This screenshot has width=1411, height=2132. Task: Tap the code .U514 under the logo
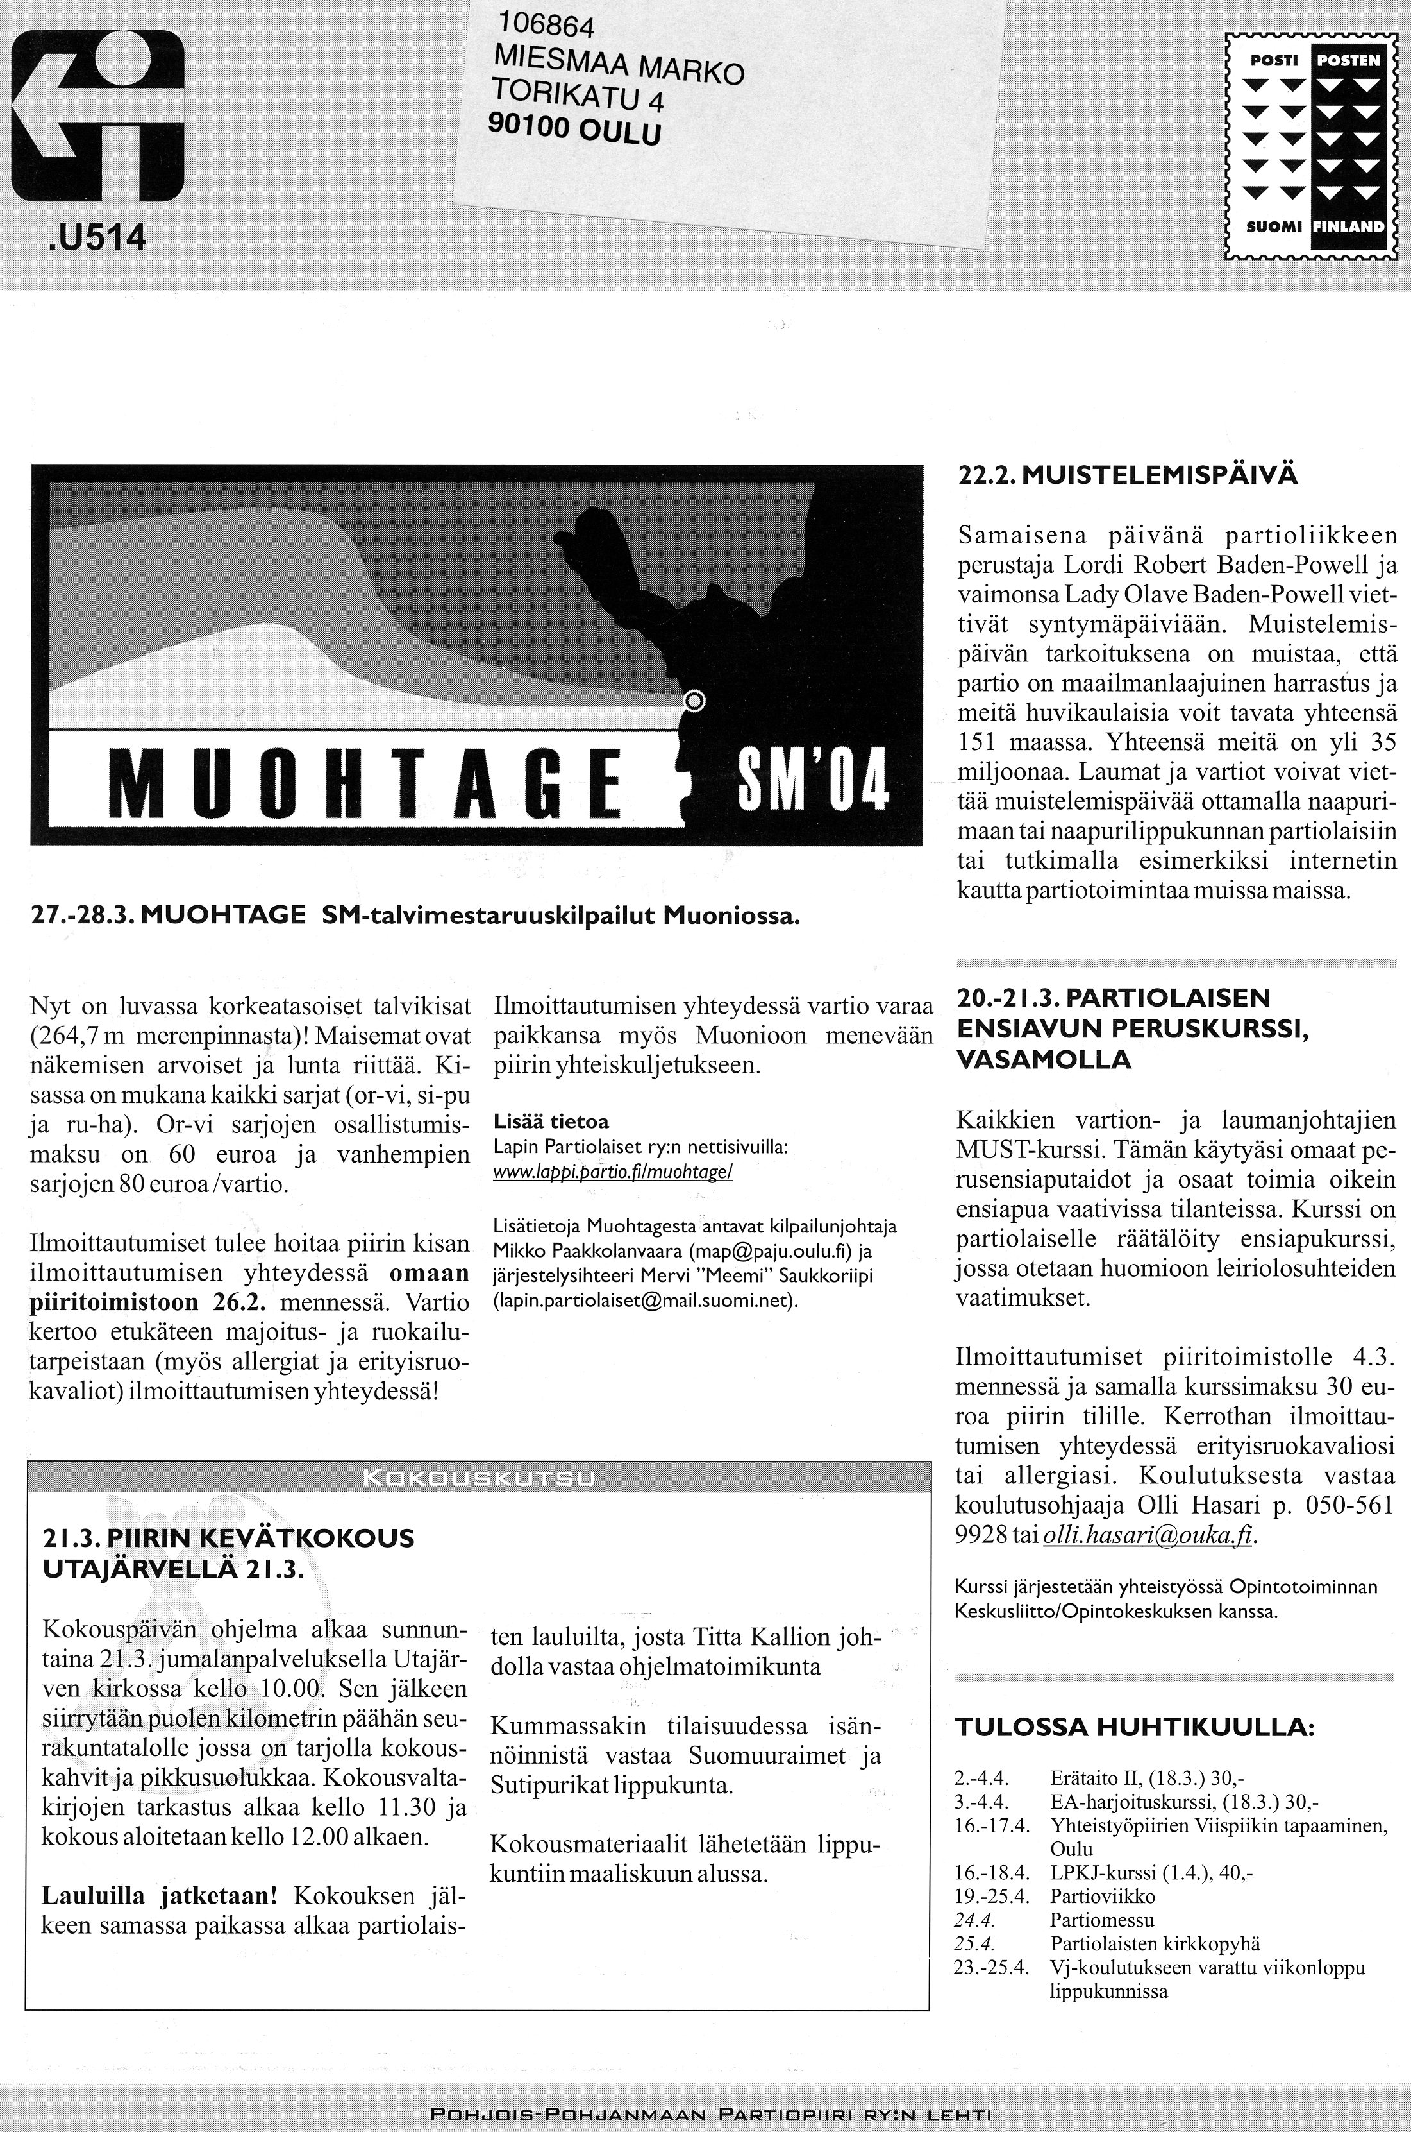click(x=94, y=237)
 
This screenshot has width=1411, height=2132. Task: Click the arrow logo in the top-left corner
click(x=97, y=115)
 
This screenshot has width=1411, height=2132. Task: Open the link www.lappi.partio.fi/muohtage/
click(x=613, y=1173)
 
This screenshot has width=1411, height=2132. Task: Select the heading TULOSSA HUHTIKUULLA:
click(x=1134, y=1727)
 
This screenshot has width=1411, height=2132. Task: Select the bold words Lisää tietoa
click(x=551, y=1122)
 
